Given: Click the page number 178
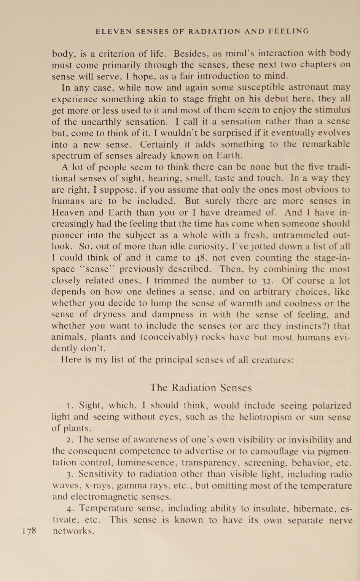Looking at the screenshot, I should click(x=29, y=530).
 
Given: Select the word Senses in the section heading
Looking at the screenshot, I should click(x=233, y=388).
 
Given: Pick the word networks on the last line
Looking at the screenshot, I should click(x=73, y=531).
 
